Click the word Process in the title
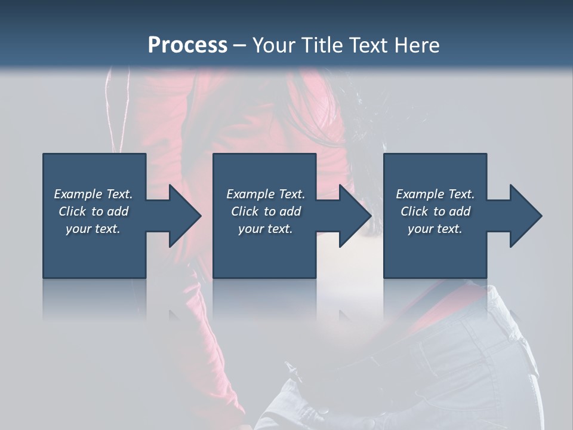tap(187, 45)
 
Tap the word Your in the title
tap(273, 45)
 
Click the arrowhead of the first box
tap(184, 216)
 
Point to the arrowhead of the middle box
tap(355, 216)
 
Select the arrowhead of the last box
tap(525, 216)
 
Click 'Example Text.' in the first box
tap(93, 194)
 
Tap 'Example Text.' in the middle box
tap(266, 194)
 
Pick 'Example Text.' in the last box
tap(435, 194)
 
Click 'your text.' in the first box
tap(93, 229)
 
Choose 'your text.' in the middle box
tap(266, 229)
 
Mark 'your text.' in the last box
tap(435, 229)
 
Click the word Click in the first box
tap(72, 211)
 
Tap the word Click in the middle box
tap(245, 211)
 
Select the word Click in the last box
tap(414, 211)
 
